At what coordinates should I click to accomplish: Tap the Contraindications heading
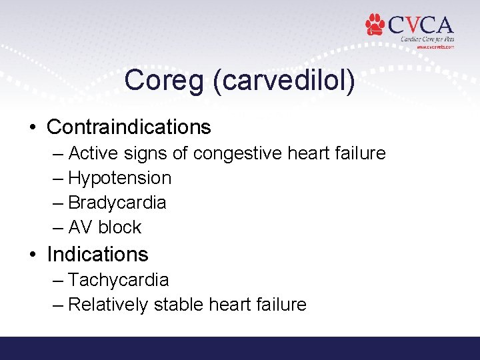click(129, 127)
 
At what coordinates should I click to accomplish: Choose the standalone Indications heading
click(97, 254)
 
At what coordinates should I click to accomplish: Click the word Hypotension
click(120, 178)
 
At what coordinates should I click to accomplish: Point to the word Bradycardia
click(117, 203)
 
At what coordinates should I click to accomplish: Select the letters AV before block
click(80, 227)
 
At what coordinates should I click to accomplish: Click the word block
click(120, 227)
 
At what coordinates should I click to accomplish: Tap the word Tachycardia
click(119, 280)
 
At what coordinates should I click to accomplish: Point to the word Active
click(93, 153)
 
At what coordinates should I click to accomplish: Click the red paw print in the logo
click(375, 25)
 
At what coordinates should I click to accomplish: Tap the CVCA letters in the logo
click(421, 25)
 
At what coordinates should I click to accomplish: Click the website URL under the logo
click(435, 47)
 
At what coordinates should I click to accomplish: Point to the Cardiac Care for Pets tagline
click(427, 39)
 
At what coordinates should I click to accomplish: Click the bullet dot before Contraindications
click(33, 127)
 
